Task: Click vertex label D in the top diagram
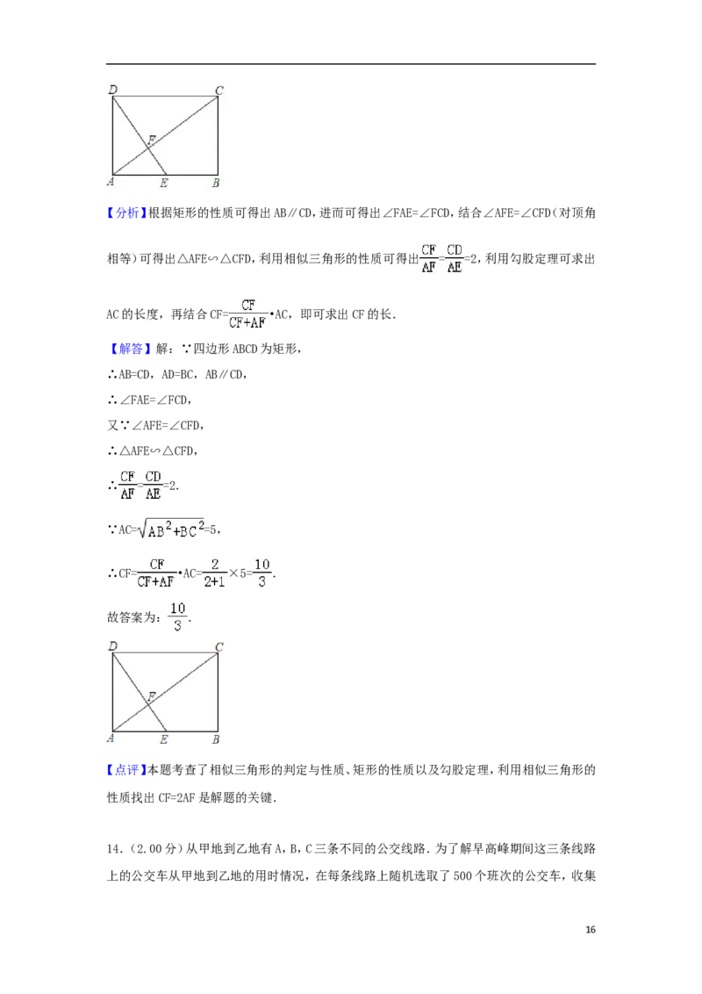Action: (111, 90)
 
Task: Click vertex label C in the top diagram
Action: (219, 90)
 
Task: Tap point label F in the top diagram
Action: (151, 140)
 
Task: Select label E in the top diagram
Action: (164, 184)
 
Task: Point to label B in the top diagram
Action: (216, 184)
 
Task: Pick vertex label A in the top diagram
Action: (111, 183)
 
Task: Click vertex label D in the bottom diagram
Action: (111, 646)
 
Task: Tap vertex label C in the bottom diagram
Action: (219, 646)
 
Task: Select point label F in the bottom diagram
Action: (151, 696)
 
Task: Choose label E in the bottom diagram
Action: (164, 740)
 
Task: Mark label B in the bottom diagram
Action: (216, 740)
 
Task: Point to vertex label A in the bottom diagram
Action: (111, 739)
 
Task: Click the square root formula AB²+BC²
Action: (172, 527)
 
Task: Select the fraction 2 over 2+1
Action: (214, 573)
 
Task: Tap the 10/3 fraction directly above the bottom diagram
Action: (176, 617)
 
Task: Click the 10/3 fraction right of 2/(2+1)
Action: (261, 573)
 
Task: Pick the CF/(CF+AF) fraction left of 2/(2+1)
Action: (158, 573)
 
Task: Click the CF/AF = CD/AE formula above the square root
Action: (140, 485)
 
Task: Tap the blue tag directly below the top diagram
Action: (126, 213)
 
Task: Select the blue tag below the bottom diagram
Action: (126, 770)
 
